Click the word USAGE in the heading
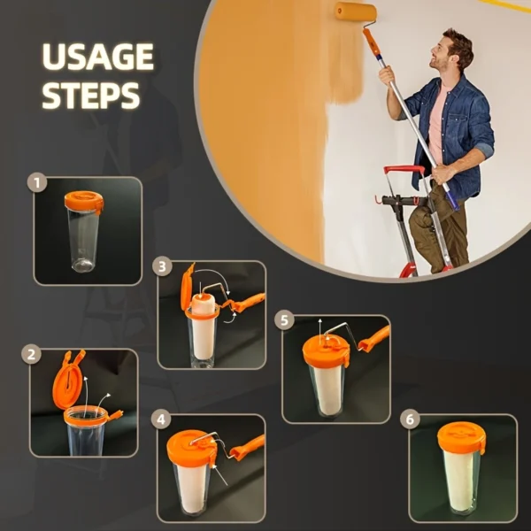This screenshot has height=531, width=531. click(98, 57)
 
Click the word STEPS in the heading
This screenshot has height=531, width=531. click(91, 96)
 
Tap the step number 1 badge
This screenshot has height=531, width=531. click(37, 183)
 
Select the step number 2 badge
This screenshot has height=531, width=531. click(31, 355)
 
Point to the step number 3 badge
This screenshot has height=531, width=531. click(162, 266)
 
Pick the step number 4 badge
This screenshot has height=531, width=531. click(161, 419)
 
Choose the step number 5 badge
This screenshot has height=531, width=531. click(284, 320)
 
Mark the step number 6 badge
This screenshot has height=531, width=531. click(410, 419)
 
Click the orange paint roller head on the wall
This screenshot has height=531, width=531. click(356, 12)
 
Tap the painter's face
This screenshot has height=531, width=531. click(441, 54)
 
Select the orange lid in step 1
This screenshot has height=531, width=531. click(84, 201)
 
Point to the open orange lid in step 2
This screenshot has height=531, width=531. click(67, 381)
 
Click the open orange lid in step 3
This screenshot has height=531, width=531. click(188, 287)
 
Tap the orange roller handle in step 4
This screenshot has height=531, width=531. click(247, 448)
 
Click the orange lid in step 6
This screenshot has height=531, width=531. click(461, 438)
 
